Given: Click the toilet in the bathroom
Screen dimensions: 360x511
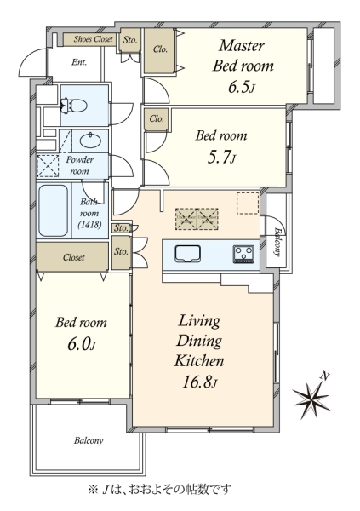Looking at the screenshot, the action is coord(74,106).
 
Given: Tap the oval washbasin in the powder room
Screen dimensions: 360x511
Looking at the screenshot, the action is coord(91,141).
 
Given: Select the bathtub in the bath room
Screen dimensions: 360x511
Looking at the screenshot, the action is coord(54,210).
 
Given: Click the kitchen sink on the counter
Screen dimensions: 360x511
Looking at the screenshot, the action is coord(187,254).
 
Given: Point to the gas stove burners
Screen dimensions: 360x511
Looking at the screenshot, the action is coord(243,254).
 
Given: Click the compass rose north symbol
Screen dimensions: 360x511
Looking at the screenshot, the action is coord(311,397).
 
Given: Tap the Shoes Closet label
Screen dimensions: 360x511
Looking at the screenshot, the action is coord(93,39).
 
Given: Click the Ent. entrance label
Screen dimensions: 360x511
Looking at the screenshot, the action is coord(79,62).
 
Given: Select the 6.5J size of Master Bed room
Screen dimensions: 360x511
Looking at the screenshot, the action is coord(241,87).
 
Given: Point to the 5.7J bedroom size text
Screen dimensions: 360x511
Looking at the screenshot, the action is coord(221,157).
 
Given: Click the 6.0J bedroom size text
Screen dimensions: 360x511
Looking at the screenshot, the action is coord(82,344).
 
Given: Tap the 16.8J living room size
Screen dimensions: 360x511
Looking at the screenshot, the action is coord(199,382).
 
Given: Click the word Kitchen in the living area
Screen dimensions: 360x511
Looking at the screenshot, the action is coord(199,361).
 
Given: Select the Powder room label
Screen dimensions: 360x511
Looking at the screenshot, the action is coord(79,165).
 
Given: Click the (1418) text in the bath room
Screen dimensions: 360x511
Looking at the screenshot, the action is coord(89,224).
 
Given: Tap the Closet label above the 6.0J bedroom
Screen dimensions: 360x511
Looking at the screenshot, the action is coord(74,257).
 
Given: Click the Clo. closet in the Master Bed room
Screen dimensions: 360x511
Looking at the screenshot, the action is coord(160,49).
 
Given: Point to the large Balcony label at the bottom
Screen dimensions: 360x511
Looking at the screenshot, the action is coord(89,440).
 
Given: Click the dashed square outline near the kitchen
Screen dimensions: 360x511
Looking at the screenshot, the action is coord(248,203).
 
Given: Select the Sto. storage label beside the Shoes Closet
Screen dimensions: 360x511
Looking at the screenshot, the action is coord(130,40).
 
